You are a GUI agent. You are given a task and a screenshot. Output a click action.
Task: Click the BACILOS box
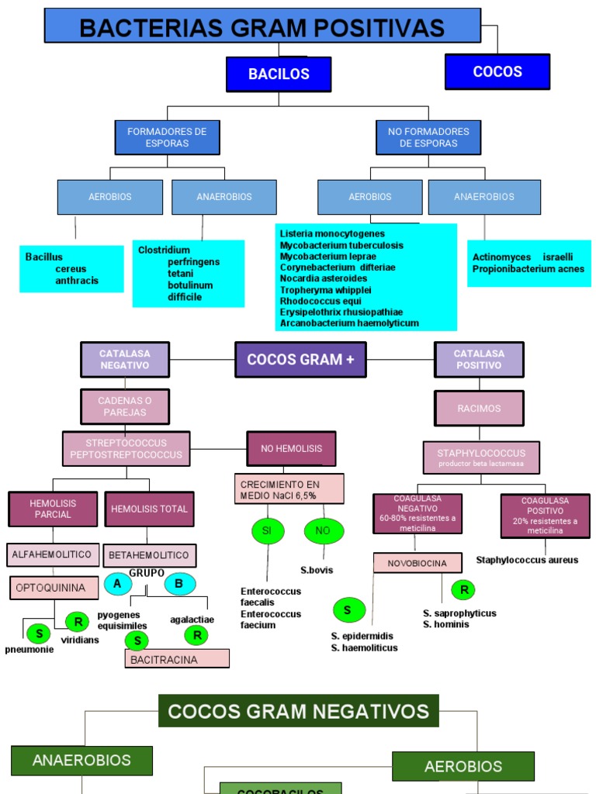[x=279, y=74]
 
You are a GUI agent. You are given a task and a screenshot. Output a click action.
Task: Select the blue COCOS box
[x=497, y=72]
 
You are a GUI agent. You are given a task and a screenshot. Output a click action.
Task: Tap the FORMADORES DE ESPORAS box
[x=167, y=137]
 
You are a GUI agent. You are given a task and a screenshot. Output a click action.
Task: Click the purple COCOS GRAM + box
[x=300, y=360]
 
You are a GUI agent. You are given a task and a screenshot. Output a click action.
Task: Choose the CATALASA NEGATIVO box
[x=125, y=359]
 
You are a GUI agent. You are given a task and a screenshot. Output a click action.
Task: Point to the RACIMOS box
[x=479, y=408]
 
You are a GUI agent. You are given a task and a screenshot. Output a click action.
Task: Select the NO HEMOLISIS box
[x=291, y=448]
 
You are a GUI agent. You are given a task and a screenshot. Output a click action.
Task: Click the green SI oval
[x=268, y=530]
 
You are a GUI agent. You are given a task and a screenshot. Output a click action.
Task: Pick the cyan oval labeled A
[x=118, y=584]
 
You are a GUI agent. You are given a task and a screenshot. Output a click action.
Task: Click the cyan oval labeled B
[x=179, y=584]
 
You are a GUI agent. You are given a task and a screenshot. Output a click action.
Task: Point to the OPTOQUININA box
[x=54, y=588]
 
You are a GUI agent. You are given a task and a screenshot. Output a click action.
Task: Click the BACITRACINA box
[x=177, y=659]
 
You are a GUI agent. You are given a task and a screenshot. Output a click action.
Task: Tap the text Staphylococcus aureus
[x=527, y=560]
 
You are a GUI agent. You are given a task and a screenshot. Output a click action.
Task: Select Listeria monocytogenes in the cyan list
[x=332, y=233]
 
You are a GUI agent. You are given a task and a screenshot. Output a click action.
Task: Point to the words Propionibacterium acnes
[x=528, y=269]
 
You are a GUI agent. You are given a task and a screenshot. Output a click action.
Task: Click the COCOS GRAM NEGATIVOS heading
[x=299, y=711]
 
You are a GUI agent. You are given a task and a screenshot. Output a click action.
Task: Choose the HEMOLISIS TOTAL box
[x=149, y=509]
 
